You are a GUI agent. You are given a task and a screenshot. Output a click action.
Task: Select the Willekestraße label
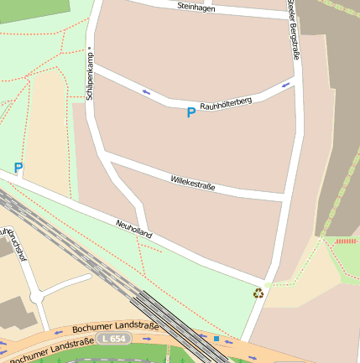pyautogui.click(x=192, y=182)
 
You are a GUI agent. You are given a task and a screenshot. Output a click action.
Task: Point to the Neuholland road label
pyautogui.click(x=133, y=229)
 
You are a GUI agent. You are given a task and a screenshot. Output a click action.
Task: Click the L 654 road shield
pyautogui.click(x=113, y=338)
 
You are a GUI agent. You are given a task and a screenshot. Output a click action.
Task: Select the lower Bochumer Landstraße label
pyautogui.click(x=50, y=350)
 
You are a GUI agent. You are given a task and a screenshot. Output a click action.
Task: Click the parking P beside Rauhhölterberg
pyautogui.click(x=190, y=112)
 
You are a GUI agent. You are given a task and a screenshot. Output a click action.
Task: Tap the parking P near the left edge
pyautogui.click(x=18, y=169)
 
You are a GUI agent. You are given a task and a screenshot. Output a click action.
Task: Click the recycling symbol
pyautogui.click(x=258, y=293)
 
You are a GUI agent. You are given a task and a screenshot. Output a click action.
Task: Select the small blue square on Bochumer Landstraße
pyautogui.click(x=216, y=339)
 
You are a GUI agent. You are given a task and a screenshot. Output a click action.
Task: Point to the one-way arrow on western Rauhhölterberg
pyautogui.click(x=146, y=91)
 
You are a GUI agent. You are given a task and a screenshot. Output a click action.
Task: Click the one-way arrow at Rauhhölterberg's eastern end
pyautogui.click(x=287, y=85)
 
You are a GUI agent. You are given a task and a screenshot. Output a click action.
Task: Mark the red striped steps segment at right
pyautogui.click(x=345, y=241)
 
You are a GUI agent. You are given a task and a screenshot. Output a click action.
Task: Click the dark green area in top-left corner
pyautogui.click(x=34, y=6)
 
